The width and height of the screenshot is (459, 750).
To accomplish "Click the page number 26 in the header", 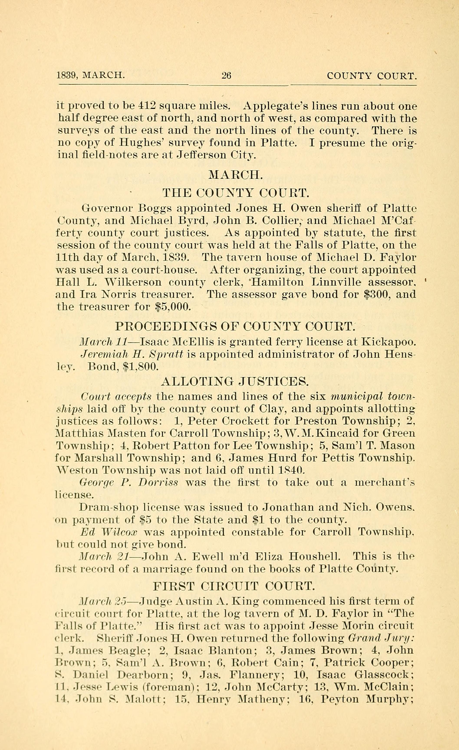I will coord(226,75).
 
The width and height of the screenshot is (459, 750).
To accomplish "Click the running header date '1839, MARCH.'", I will coord(90,75).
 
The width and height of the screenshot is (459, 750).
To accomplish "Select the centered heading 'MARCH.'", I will coord(235,175).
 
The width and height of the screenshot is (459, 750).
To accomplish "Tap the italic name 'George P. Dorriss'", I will coord(128,483).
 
